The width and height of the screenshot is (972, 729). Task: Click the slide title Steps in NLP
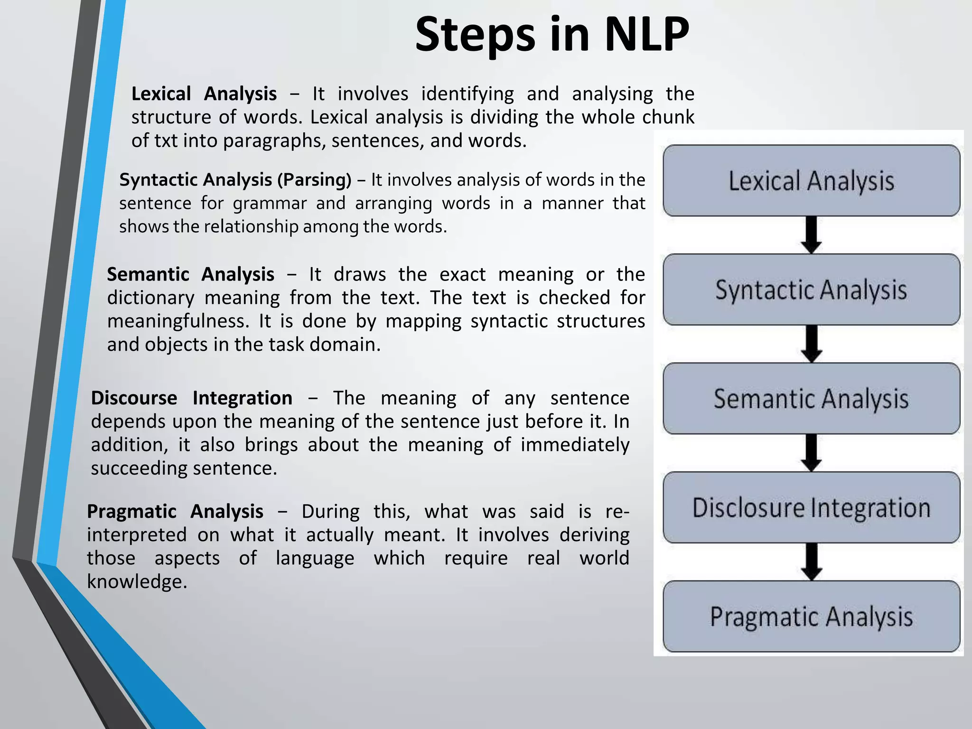coord(551,34)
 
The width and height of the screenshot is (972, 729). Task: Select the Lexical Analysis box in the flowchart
coord(811,181)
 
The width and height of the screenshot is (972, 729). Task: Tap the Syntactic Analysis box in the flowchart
coord(811,290)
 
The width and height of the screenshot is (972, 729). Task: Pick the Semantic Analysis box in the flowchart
coord(811,399)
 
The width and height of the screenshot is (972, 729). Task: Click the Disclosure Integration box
coord(811,507)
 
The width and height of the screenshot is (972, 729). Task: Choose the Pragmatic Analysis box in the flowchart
coord(811,617)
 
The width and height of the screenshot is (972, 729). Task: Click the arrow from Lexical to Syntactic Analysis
coord(811,235)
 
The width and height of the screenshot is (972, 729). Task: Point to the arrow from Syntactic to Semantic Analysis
coord(811,344)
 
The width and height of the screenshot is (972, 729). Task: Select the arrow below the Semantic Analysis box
coord(811,453)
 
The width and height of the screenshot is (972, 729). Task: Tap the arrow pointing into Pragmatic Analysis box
coord(811,562)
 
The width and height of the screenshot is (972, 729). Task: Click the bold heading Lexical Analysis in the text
coord(204,94)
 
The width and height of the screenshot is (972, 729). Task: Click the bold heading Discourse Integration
coord(191,398)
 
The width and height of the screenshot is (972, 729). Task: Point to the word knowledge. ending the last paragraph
coord(137,581)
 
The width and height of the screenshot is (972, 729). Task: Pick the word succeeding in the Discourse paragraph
coord(139,468)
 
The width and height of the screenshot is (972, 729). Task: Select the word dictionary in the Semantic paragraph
coord(150,298)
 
